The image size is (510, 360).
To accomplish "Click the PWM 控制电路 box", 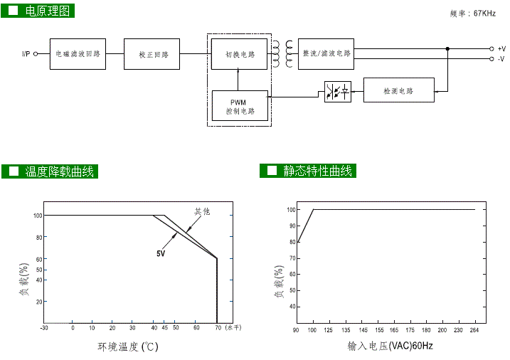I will coord(240,107).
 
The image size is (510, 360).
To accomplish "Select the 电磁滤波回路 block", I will coord(78,54).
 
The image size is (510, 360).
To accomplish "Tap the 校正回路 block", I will coord(152,54).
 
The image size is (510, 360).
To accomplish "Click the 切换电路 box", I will coord(239,54).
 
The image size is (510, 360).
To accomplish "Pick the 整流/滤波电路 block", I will coord(326,53).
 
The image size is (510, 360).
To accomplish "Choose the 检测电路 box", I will coord(398,91).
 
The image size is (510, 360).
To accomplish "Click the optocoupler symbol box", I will coord(338,92).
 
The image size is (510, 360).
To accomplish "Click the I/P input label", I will coord(26,54).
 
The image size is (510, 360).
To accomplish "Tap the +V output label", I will coord(501,48).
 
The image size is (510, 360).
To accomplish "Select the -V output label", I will coord(501,59).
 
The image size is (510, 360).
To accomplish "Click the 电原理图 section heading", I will coord(48,11).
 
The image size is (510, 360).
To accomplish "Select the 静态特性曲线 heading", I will coord(317,171).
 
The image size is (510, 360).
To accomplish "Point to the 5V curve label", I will coord(161,253).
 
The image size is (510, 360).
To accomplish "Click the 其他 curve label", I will coord(203,211).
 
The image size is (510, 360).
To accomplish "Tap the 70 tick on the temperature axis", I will coord(216,328).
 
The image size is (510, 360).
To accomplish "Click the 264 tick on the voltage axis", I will coord(474,330).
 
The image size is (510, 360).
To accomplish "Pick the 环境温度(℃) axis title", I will coord(127,347).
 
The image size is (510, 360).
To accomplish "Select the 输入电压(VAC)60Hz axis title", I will coord(390,346).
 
